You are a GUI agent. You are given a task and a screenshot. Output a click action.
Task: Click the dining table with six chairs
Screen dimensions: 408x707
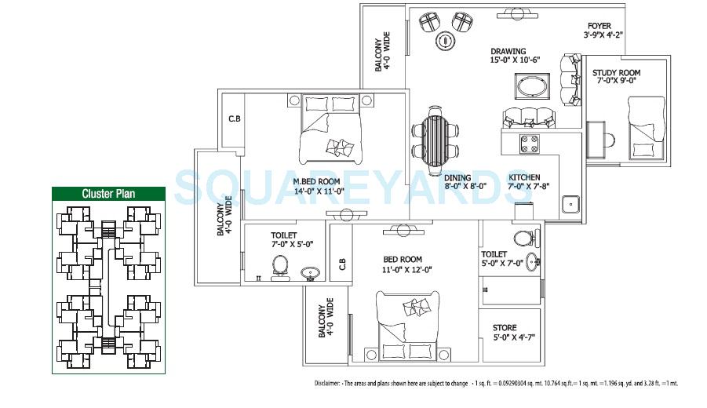click(x=435, y=137)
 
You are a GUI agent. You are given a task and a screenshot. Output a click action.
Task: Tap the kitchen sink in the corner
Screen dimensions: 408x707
click(x=570, y=203)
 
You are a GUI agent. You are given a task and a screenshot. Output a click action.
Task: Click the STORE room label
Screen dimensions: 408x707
click(x=504, y=327)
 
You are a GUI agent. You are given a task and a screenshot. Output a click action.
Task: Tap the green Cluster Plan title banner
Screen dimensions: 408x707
click(x=109, y=194)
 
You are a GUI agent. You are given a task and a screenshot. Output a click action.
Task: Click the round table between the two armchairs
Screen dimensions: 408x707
click(x=445, y=38)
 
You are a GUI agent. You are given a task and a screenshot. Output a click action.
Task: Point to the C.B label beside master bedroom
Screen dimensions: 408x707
click(x=233, y=119)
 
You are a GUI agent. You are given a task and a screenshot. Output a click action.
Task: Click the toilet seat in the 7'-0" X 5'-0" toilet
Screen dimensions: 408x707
click(x=279, y=268)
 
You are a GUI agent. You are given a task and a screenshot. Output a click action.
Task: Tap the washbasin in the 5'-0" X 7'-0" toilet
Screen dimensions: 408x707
click(x=533, y=261)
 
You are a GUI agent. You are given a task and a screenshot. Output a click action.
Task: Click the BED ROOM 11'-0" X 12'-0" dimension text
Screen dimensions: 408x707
click(x=402, y=270)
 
